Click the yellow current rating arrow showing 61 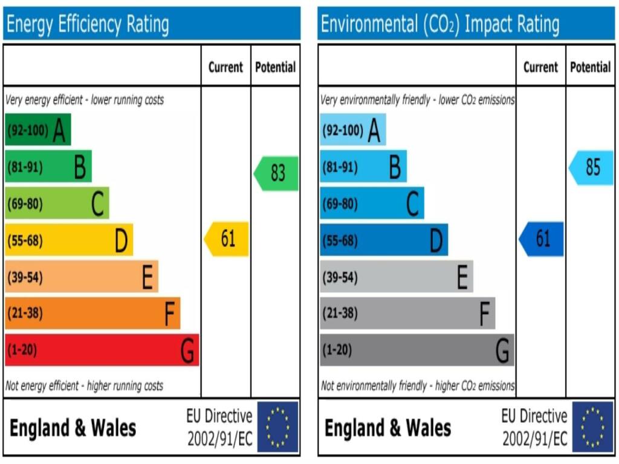coord(227,239)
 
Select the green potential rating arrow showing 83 coord(276,173)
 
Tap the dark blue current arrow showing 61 coord(542,239)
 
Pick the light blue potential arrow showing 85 coord(591,167)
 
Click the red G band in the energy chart coord(102,350)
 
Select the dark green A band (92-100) coord(37,129)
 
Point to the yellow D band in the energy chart coord(68,240)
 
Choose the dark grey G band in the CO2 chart coord(416,350)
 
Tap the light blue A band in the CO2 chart coord(352,129)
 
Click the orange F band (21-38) coord(92,313)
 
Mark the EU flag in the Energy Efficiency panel coord(278,427)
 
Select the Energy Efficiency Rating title coord(87,24)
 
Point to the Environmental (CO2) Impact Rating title coord(439,24)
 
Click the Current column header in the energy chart coord(225,67)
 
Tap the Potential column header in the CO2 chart coord(590,67)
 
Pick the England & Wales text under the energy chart coord(73,428)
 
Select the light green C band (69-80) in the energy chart coord(57,203)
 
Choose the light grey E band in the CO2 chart coord(396,277)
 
